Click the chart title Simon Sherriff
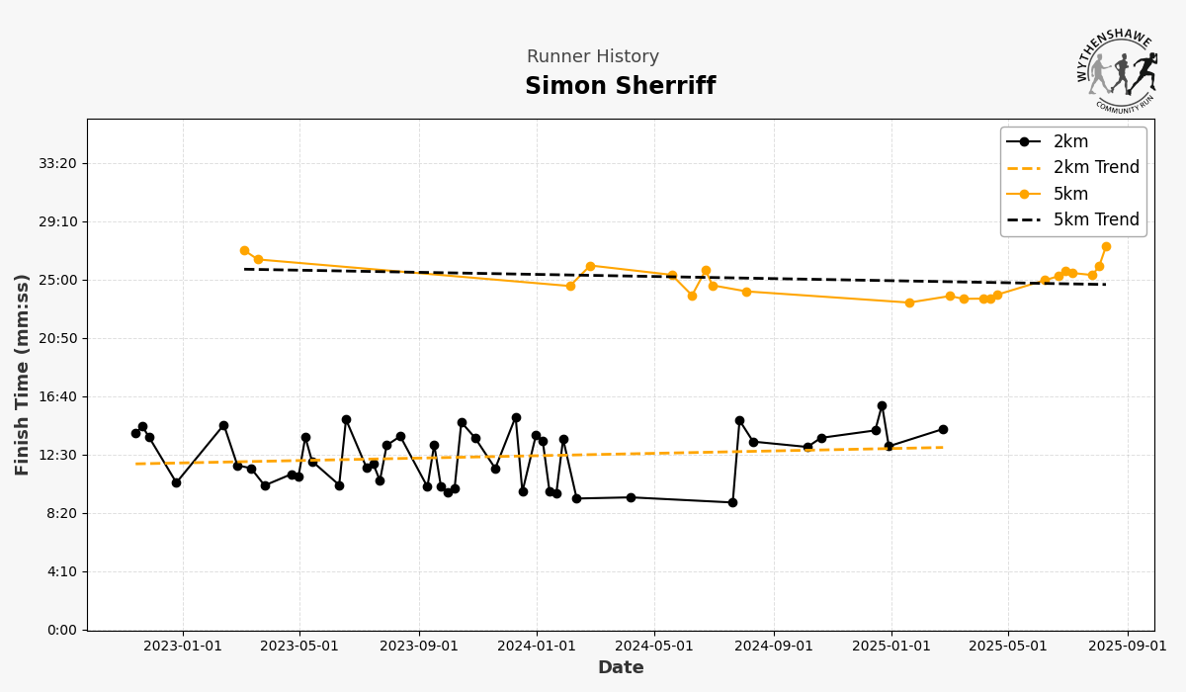pos(620,87)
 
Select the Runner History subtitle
pos(592,57)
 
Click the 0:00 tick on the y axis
pos(59,630)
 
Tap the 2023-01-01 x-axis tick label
pos(183,647)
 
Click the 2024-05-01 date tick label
pos(654,647)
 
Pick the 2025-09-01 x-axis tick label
pos(1127,647)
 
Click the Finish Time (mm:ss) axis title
pos(23,375)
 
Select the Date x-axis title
pos(620,668)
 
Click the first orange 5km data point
pos(244,250)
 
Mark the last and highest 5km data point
pos(1106,246)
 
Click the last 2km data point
pos(943,429)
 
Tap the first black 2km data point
pos(135,433)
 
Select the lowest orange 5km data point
pos(909,303)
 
